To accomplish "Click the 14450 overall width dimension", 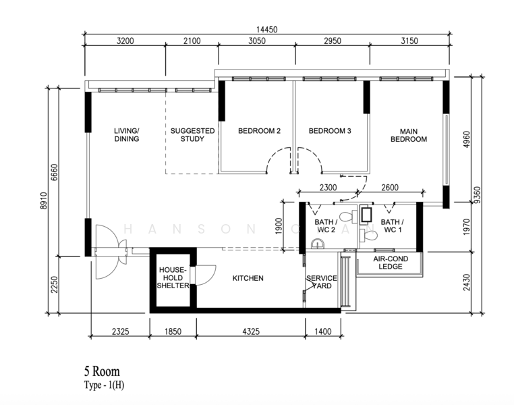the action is pos(266,30).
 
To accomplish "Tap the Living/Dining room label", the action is pos(127,135).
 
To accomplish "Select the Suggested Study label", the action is pos(192,135).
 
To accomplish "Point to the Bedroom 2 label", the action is pos(259,131).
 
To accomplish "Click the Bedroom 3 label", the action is pos(330,131).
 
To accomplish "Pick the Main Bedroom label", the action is pos(409,135).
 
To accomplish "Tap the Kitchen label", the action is pos(248,278).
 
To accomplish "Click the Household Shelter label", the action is pos(173,277).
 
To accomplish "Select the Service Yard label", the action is pos(322,282).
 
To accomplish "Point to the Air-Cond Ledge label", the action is pos(391,263).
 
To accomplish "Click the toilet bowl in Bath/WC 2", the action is pos(348,217).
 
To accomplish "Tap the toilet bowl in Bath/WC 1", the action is pos(369,235).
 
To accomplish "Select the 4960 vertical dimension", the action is pos(467,139).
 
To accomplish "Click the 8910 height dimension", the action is pos(44,200).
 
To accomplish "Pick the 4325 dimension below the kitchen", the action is pos(251,331).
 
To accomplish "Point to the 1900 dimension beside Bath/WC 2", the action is pos(279,226).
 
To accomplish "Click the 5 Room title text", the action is pos(102,371).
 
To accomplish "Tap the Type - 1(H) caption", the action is pos(105,385).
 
